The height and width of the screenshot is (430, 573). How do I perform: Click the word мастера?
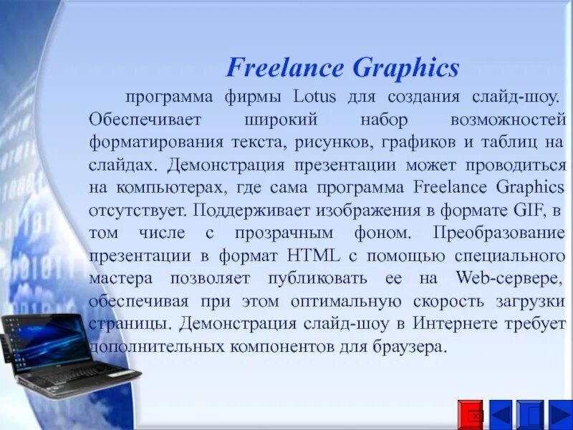tap(120, 278)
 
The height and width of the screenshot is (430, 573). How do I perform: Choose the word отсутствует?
tap(138, 211)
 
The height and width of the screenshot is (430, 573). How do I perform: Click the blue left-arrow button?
tap(501, 414)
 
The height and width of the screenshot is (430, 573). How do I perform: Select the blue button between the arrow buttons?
tap(531, 414)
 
